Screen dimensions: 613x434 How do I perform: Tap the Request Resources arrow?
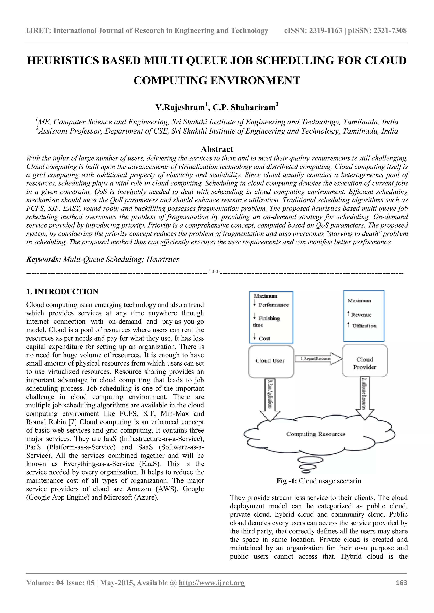click(318, 359)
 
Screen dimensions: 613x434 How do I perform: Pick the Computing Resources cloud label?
click(316, 434)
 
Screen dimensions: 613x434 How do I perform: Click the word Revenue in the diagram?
click(361, 315)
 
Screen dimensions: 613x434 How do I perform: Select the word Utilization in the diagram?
click(364, 326)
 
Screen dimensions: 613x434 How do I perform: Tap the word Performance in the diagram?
click(273, 305)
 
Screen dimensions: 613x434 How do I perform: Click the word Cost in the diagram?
click(264, 338)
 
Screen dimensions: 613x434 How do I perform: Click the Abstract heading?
click(217, 149)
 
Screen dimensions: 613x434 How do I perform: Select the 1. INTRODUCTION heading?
click(62, 291)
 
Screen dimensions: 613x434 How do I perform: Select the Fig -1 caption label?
click(287, 481)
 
